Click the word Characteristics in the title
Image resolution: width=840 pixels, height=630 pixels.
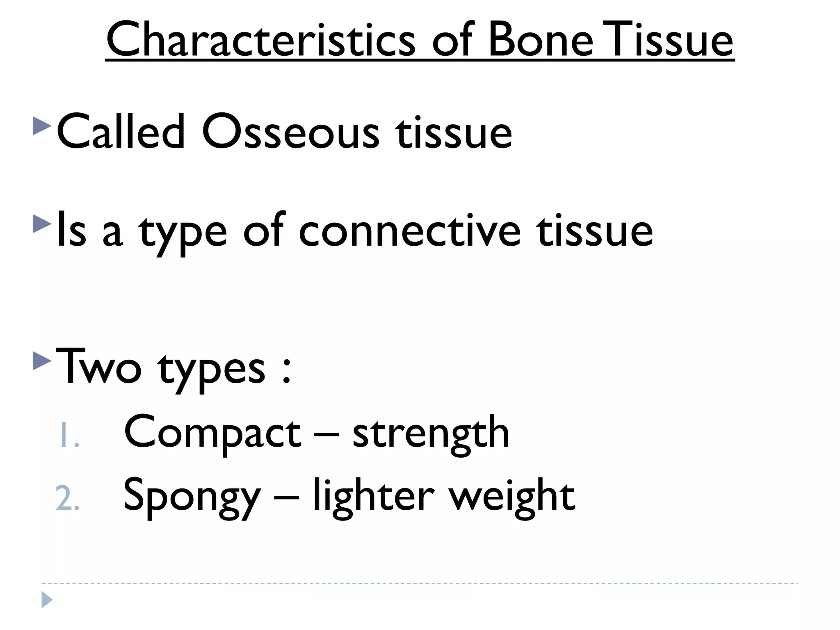pos(260,40)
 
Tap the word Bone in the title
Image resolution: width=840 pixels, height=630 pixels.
pos(541,40)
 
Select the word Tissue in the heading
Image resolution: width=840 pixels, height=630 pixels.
pos(668,40)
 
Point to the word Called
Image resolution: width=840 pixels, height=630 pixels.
pos(121,131)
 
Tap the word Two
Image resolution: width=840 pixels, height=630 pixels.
pos(99,366)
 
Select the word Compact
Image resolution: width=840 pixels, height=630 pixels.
pos(212,433)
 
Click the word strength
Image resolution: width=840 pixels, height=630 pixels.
pos(431,433)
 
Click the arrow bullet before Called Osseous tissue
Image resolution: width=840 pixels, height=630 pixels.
pos(42,126)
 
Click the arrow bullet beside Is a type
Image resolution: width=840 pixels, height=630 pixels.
pos(42,224)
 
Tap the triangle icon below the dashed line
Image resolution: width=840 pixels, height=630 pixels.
pos(47,600)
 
